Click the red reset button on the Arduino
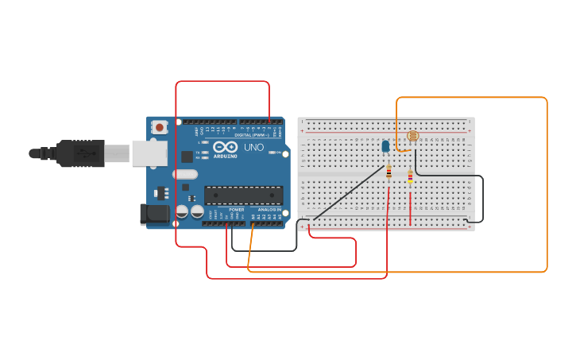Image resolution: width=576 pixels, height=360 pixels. pyautogui.click(x=160, y=127)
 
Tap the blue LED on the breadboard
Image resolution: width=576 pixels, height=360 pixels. pyautogui.click(x=385, y=146)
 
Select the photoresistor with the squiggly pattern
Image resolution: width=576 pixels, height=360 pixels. pyautogui.click(x=412, y=136)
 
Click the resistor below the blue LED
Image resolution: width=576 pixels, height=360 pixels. pyautogui.click(x=389, y=173)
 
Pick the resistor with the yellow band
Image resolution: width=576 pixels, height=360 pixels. pyautogui.click(x=410, y=177)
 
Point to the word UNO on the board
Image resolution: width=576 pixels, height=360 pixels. pyautogui.click(x=253, y=148)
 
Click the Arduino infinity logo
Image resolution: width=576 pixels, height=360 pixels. pyautogui.click(x=225, y=147)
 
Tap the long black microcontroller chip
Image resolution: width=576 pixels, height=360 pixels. pyautogui.click(x=243, y=195)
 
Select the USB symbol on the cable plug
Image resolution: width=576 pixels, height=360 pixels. pyautogui.click(x=82, y=153)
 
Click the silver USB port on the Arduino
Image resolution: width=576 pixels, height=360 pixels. pyautogui.click(x=149, y=153)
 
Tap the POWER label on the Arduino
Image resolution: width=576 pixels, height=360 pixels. pyautogui.click(x=236, y=210)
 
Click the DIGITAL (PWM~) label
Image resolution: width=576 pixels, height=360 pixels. pyautogui.click(x=251, y=135)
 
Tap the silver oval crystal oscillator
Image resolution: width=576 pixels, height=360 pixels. pyautogui.click(x=184, y=175)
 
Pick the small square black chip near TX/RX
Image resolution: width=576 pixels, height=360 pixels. pyautogui.click(x=187, y=157)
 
